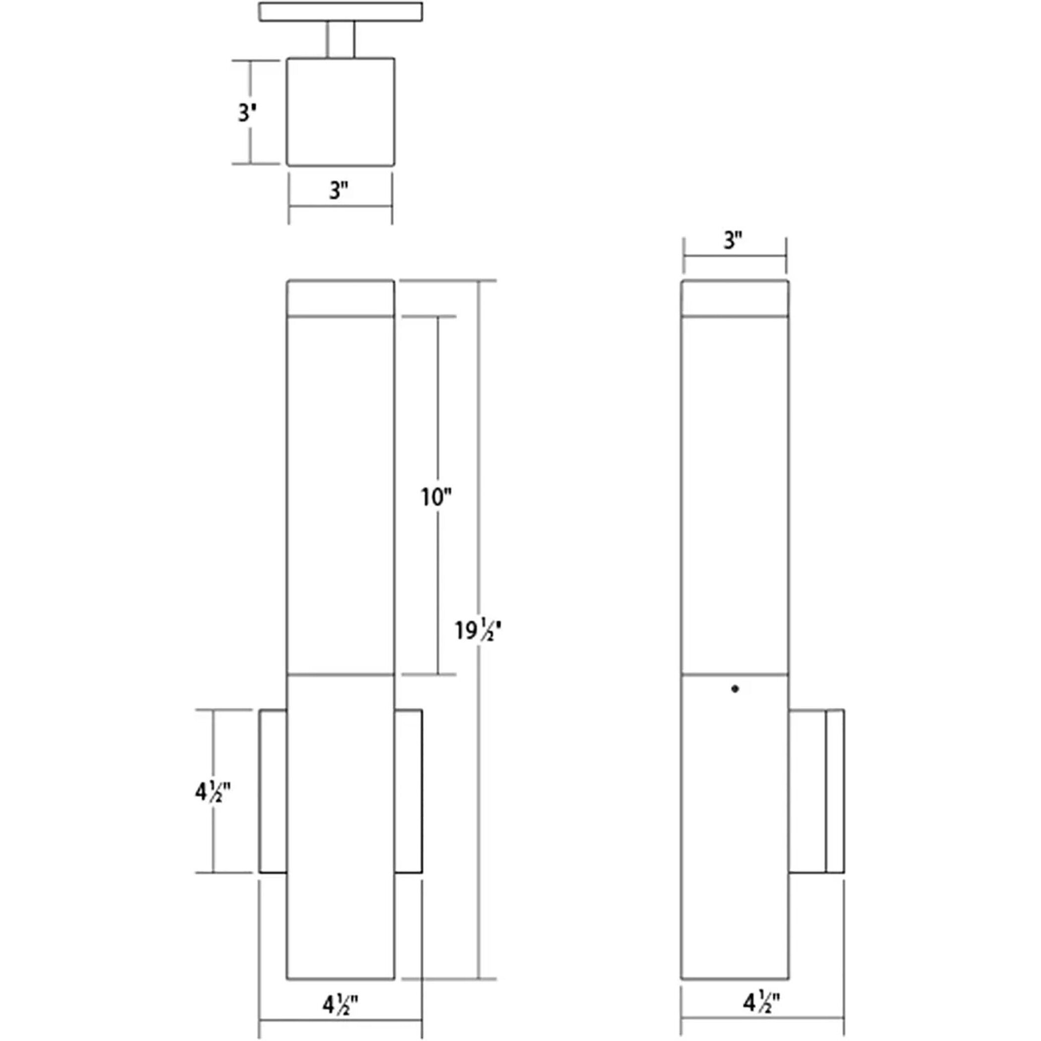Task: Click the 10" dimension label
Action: [x=435, y=497]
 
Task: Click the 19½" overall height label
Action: [x=478, y=631]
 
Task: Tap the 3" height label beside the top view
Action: [x=247, y=113]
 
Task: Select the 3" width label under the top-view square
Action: [x=339, y=190]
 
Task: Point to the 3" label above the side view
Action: [x=733, y=240]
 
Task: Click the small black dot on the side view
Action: [x=735, y=689]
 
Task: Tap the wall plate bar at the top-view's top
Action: [x=341, y=12]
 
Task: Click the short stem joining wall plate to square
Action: [x=341, y=39]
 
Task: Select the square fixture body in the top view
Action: [x=341, y=112]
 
